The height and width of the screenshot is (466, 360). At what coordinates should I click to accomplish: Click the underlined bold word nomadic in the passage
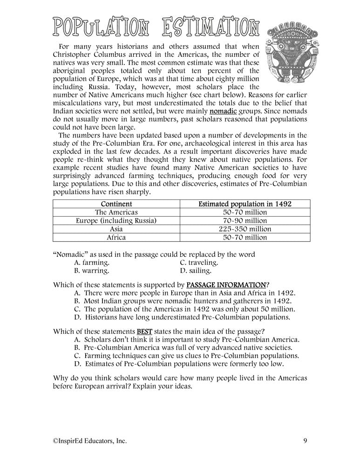click(x=223, y=112)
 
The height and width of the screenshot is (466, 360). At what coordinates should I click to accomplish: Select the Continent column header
click(x=116, y=204)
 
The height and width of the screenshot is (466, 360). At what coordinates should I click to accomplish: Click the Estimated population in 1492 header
click(x=245, y=204)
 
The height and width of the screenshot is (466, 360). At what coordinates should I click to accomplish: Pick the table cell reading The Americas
click(x=116, y=212)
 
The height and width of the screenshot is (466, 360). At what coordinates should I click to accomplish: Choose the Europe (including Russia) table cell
click(x=116, y=220)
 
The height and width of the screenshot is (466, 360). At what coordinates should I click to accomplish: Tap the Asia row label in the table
click(x=116, y=229)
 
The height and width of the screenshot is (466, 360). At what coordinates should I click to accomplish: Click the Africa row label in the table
click(x=116, y=237)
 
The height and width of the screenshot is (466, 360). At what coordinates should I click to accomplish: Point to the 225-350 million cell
click(x=245, y=229)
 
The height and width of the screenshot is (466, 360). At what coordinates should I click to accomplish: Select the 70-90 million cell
click(x=245, y=220)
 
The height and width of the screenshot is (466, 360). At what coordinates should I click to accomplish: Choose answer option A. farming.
click(x=92, y=262)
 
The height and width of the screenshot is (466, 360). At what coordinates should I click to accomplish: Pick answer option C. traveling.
click(x=199, y=262)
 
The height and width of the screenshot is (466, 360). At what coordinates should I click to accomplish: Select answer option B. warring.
click(x=92, y=270)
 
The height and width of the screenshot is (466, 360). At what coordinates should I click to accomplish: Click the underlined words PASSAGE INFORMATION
click(x=226, y=284)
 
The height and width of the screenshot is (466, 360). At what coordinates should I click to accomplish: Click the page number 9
click(x=304, y=440)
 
